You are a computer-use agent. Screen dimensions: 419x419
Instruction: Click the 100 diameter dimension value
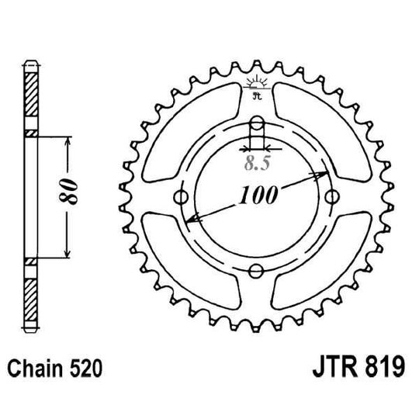(258, 196)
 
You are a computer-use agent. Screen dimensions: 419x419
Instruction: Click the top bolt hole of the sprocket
(257, 125)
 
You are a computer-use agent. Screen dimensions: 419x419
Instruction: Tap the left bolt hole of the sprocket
(183, 197)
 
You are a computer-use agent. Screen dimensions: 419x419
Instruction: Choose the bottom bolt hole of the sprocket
(257, 271)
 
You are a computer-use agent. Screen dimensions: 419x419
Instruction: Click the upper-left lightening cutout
(180, 124)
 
